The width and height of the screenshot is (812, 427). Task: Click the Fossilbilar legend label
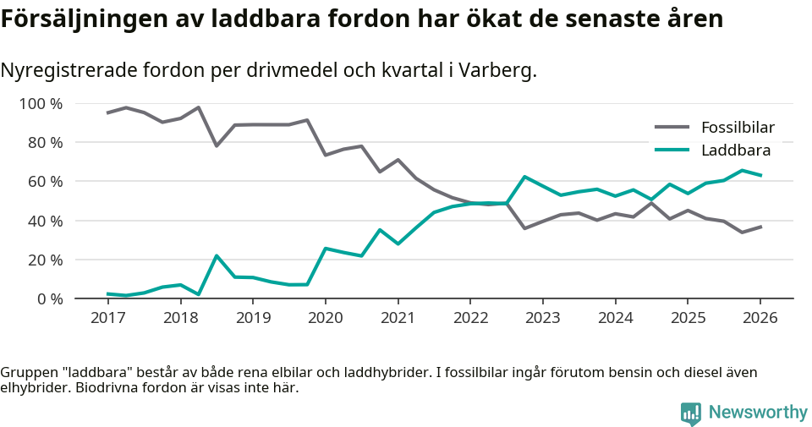pos(738,128)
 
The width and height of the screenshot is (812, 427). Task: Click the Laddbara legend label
pos(735,151)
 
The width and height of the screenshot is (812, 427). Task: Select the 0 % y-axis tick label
pos(50,298)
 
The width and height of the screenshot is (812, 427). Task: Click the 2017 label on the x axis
pos(107,318)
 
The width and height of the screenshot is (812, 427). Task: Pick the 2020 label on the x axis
pos(325,318)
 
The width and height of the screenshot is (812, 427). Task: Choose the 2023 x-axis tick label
pos(542,318)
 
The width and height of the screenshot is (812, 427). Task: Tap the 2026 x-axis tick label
pos(760,318)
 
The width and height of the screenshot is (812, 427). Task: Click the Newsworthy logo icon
pos(691,413)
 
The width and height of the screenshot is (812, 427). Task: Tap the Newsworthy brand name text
pos(758,413)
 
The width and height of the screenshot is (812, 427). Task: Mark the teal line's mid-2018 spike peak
pos(217,255)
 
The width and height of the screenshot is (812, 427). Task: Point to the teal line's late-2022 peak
pos(524,177)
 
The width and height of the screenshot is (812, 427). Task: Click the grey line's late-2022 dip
pos(524,228)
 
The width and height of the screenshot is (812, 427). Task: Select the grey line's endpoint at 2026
pos(760,227)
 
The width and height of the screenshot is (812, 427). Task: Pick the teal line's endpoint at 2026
pos(760,175)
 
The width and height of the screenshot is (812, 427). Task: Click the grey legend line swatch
pos(672,128)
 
